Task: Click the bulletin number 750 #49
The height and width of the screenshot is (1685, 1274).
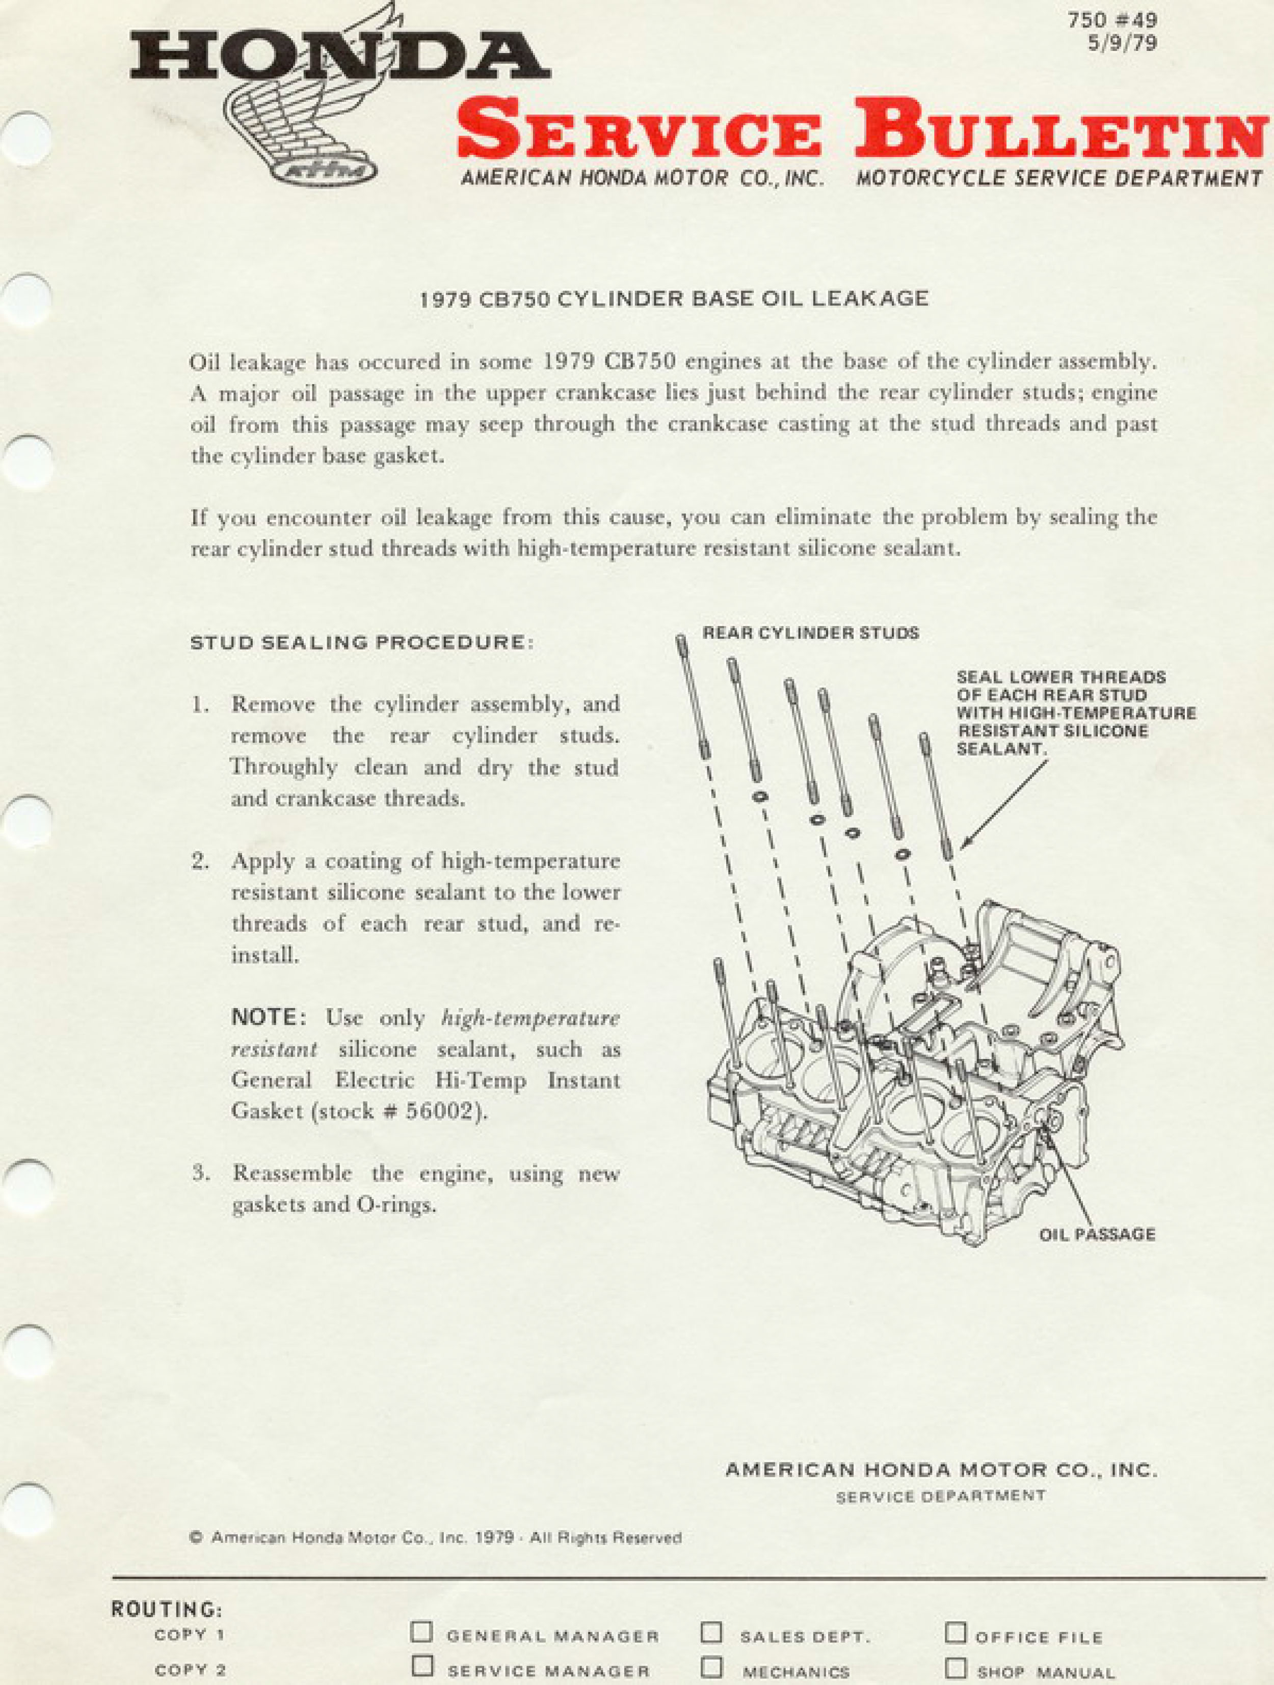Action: pos(1112,20)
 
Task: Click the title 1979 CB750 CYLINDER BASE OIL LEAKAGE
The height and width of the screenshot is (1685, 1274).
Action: pos(674,298)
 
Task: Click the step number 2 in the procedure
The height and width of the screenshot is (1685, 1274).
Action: pos(200,861)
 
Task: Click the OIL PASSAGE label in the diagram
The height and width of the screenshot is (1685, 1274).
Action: pos(1097,1234)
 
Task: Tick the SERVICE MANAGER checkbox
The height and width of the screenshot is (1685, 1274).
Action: pos(421,1667)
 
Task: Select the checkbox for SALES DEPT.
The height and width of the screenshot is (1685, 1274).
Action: pos(711,1632)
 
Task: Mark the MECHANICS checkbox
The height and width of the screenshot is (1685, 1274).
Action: pos(711,1667)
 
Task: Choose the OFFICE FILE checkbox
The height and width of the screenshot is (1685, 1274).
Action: pos(956,1632)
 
